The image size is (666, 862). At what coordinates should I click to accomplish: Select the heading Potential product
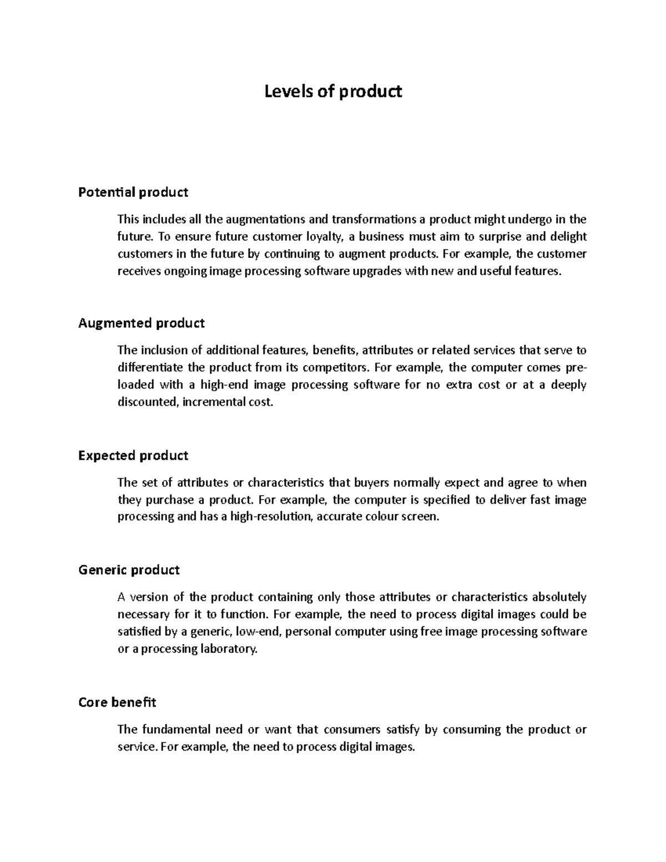133,193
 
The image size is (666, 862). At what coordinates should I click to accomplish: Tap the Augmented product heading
142,323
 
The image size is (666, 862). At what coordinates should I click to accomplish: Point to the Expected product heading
133,456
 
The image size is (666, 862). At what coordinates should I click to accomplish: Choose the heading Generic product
129,570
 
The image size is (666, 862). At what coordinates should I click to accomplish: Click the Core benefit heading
117,703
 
